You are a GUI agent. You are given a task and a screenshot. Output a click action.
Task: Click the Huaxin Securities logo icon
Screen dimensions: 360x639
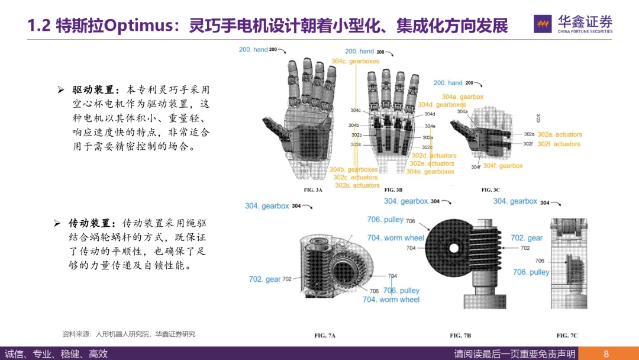pos(543,24)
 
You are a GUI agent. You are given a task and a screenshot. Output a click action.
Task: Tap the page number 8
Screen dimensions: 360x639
pos(606,354)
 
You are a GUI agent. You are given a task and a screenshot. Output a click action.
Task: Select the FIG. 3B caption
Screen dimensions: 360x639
pos(393,190)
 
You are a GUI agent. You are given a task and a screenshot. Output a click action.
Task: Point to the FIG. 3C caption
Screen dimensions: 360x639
pos(490,190)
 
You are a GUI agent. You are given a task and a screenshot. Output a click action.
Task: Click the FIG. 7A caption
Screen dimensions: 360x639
pos(325,336)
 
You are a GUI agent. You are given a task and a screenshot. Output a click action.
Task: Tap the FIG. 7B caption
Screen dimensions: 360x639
pos(460,336)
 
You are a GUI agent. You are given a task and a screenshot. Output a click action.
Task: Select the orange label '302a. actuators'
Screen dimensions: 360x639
pos(559,134)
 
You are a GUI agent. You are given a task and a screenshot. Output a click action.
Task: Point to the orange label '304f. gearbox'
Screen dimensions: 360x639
pos(503,166)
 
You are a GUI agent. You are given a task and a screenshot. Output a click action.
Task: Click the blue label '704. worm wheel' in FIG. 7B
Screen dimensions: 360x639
pos(395,238)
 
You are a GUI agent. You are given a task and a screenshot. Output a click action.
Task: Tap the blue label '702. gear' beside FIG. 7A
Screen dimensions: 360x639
pos(264,279)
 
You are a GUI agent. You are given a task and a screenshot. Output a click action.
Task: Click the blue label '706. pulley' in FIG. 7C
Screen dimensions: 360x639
pos(531,272)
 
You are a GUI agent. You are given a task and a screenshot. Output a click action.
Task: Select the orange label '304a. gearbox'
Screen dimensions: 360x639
pos(462,97)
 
